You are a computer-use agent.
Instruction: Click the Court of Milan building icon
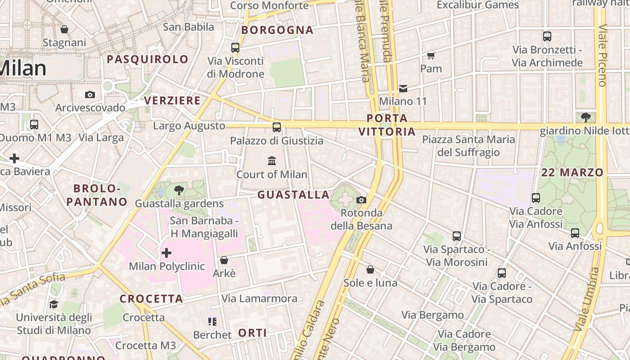[x=272, y=161]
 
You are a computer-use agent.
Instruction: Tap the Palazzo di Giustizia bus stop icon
[x=276, y=127]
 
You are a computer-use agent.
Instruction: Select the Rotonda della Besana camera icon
[x=361, y=200]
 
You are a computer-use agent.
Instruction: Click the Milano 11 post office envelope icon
[x=403, y=88]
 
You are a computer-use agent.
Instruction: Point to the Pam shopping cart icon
[x=431, y=55]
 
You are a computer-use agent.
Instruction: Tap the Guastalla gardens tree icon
[x=179, y=190]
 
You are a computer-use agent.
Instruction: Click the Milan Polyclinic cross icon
[x=166, y=253]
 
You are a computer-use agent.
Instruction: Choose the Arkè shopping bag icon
[x=224, y=260]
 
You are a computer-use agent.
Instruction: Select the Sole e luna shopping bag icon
[x=370, y=270]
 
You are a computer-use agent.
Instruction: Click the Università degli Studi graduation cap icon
[x=54, y=304]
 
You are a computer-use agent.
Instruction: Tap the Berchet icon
[x=212, y=321]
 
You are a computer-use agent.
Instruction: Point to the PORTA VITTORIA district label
[x=387, y=125]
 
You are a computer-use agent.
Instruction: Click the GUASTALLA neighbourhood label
[x=293, y=195]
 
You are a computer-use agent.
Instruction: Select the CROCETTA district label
[x=151, y=299]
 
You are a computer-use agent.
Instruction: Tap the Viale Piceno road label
[x=602, y=54]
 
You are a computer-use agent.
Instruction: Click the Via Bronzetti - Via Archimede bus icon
[x=547, y=36]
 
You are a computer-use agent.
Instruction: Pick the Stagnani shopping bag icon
[x=64, y=29]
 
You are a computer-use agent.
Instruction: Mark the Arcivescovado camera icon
[x=90, y=94]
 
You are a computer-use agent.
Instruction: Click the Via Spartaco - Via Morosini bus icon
[x=456, y=236]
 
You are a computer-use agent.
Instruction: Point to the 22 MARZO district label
[x=572, y=172]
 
